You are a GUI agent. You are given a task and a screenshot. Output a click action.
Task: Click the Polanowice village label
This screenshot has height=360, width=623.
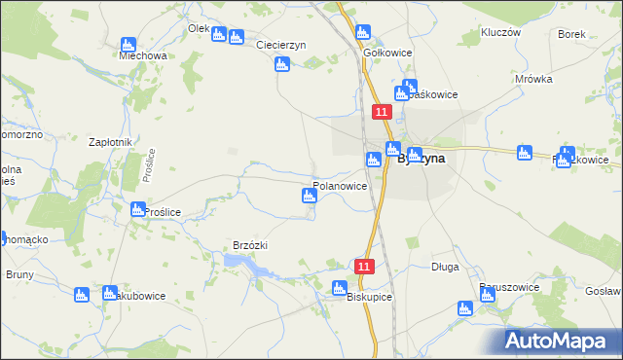[x=339, y=185]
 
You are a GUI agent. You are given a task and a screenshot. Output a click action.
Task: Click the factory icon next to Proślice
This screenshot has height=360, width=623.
[x=137, y=209]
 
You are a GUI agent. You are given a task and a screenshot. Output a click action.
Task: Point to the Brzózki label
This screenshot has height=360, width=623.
[x=243, y=246]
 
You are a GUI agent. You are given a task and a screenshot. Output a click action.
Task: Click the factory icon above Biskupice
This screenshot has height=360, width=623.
[x=339, y=288]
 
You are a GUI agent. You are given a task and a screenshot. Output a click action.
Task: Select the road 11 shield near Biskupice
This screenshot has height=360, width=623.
[x=364, y=266]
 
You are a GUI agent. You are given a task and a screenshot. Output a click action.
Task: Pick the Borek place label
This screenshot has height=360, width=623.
[x=571, y=34]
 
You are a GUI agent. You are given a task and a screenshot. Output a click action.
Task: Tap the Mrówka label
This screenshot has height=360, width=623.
[x=534, y=80]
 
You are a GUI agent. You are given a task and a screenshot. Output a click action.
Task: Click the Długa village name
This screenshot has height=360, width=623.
[x=444, y=267]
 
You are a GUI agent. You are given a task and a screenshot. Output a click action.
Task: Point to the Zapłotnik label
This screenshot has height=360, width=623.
[x=110, y=142]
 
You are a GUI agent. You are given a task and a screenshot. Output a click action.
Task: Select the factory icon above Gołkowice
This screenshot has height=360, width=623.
[x=364, y=32]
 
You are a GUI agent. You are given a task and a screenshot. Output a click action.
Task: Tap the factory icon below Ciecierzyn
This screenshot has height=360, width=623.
[x=281, y=65]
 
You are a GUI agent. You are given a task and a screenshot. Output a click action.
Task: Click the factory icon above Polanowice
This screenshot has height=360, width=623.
[x=310, y=198]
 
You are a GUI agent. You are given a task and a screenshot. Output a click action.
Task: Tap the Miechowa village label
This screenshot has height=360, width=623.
[x=143, y=56]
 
